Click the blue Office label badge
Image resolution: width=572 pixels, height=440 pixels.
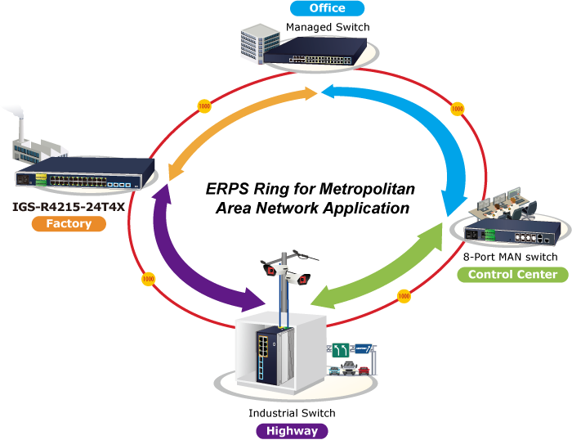coord(327,9)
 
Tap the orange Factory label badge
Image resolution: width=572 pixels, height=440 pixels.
coord(69,223)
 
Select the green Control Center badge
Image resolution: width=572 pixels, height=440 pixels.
coord(512,274)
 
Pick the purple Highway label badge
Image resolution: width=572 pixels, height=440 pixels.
coord(292,430)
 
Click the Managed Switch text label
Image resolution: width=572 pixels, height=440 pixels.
coord(328,27)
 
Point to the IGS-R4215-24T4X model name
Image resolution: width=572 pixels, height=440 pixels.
coord(69,206)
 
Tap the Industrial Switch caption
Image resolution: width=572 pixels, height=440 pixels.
coord(292,413)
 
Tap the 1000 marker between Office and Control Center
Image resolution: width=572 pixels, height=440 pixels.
coord(457,108)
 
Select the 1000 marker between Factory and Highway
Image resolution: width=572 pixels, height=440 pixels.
coord(148,279)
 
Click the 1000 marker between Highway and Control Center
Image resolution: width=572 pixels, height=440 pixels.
coord(403,295)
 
